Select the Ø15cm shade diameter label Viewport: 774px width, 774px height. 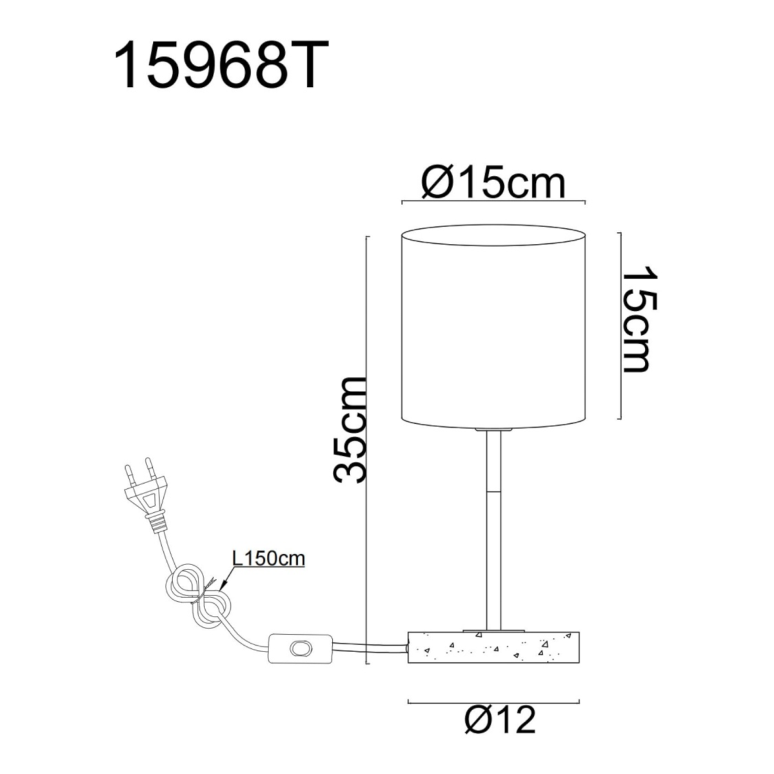click(493, 184)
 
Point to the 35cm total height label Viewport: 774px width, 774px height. click(350, 429)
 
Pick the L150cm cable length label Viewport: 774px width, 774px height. click(268, 559)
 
